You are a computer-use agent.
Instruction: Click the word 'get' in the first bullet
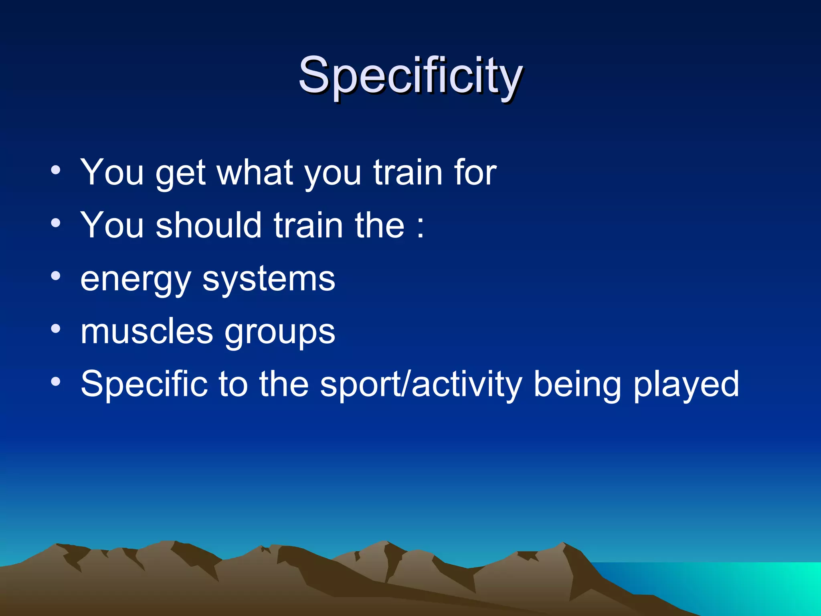coord(180,173)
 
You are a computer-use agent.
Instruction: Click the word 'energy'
coord(135,280)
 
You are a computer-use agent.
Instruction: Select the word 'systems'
coord(269,280)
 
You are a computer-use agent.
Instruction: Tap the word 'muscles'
coord(146,332)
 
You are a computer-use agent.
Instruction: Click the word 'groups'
coord(279,333)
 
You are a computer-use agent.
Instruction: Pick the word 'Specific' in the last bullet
coord(144,384)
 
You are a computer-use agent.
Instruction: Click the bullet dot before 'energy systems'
coord(56,276)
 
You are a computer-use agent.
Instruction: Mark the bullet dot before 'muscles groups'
coord(56,329)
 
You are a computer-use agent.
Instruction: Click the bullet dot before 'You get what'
coord(56,170)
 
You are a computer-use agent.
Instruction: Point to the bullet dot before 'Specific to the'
coord(56,381)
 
